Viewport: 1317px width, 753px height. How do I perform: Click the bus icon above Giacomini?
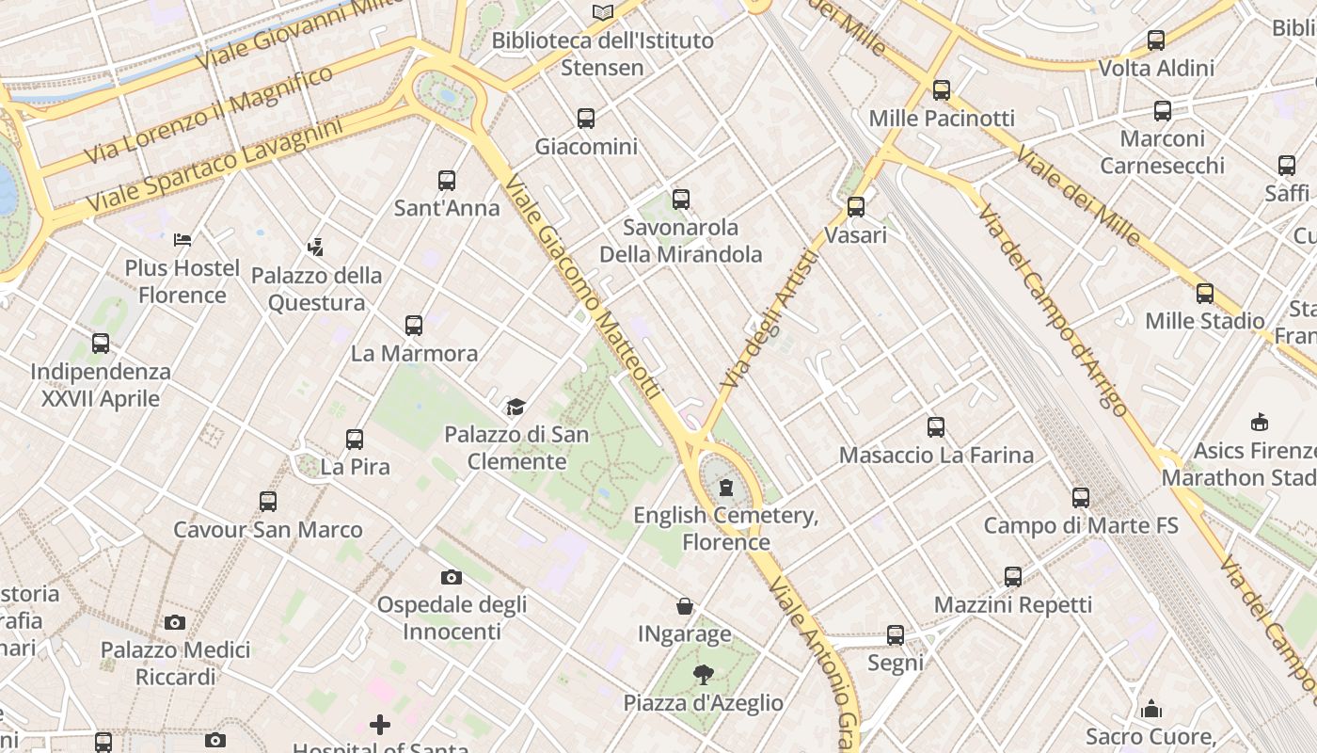coord(586,119)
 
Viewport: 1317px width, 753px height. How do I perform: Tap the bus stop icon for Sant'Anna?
coord(447,181)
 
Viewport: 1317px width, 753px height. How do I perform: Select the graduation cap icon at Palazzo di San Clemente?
coord(516,407)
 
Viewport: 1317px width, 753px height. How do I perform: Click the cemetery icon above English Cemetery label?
coord(726,488)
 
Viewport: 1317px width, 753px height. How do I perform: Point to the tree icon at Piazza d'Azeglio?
coord(703,674)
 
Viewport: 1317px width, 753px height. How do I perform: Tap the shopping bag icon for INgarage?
coord(685,607)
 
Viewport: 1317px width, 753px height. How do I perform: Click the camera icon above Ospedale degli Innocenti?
coord(452,577)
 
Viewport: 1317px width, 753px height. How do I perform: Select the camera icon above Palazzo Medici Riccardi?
coord(175,622)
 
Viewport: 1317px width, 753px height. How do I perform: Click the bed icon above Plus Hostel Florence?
coord(182,240)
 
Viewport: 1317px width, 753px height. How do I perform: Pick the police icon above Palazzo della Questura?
coord(316,248)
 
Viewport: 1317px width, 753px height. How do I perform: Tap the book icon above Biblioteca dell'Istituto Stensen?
coord(603,12)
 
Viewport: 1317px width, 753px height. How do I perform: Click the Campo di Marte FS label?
coord(1081,525)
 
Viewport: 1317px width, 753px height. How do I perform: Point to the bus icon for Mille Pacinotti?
coord(942,90)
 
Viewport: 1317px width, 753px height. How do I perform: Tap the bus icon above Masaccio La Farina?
coord(936,427)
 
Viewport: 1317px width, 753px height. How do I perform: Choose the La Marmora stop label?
coord(414,354)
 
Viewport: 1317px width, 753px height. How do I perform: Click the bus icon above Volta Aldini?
coord(1156,40)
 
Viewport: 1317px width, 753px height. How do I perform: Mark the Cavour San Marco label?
coord(268,529)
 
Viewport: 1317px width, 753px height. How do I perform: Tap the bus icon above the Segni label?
coord(896,635)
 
